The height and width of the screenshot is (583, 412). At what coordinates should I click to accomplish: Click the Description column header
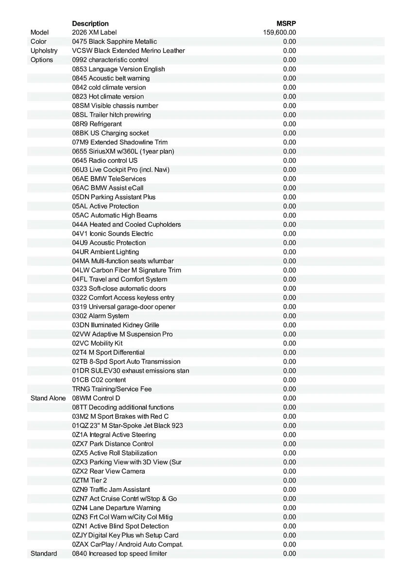pyautogui.click(x=90, y=23)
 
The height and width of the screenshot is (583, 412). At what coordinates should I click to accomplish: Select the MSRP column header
pyautogui.click(x=286, y=23)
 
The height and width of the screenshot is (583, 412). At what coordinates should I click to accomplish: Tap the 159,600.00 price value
pyautogui.click(x=279, y=33)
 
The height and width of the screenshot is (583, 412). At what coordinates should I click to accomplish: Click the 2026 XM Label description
pyautogui.click(x=94, y=33)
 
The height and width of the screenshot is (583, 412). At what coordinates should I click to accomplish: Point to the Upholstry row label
pyautogui.click(x=44, y=51)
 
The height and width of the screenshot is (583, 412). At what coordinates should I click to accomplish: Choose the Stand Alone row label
pyautogui.click(x=48, y=398)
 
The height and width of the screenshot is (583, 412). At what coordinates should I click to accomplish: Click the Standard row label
pyautogui.click(x=44, y=553)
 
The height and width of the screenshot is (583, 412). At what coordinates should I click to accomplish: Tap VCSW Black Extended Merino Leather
pyautogui.click(x=128, y=51)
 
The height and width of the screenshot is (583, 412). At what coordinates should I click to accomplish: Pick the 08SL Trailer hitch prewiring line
pyautogui.click(x=111, y=115)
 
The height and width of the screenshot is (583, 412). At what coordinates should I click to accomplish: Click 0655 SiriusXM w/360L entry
pyautogui.click(x=123, y=151)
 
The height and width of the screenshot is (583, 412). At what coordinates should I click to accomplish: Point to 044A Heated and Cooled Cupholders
pyautogui.click(x=126, y=224)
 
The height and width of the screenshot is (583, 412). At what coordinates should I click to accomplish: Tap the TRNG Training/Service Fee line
pyautogui.click(x=112, y=389)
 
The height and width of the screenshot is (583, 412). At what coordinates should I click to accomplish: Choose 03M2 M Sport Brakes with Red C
pyautogui.click(x=120, y=416)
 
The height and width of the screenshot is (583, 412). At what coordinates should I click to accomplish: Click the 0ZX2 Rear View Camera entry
pyautogui.click(x=108, y=471)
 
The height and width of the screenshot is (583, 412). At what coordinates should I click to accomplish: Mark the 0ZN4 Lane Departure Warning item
pyautogui.click(x=116, y=508)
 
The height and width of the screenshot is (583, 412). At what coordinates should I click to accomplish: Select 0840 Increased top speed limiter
pyautogui.click(x=119, y=553)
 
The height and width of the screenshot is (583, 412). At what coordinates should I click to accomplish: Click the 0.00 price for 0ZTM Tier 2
pyautogui.click(x=289, y=480)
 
